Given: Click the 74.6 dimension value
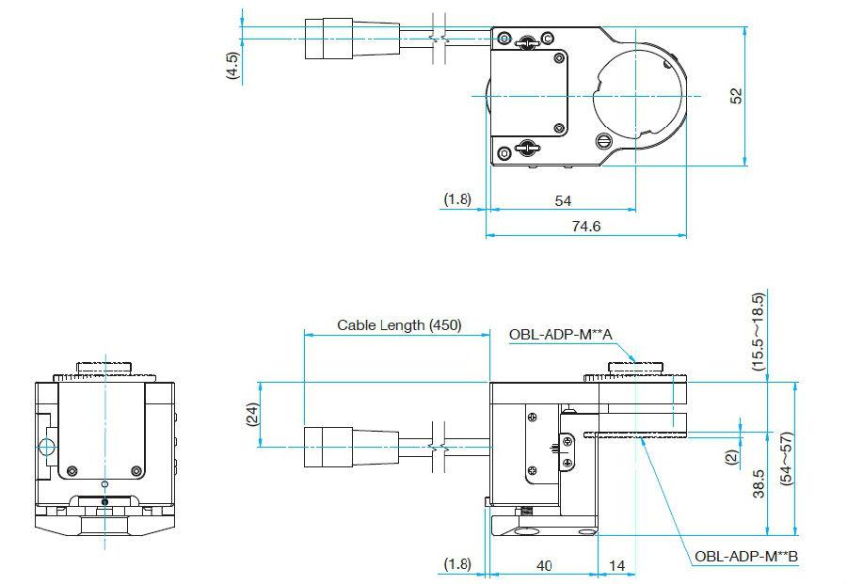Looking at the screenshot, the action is (x=586, y=226).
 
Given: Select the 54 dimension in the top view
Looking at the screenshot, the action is (x=563, y=201).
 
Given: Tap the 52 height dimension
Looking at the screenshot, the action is (x=736, y=96).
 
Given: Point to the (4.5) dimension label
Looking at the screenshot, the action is (x=232, y=66).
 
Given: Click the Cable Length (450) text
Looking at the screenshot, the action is (x=399, y=325).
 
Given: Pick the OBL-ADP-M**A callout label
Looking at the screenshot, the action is (x=561, y=335).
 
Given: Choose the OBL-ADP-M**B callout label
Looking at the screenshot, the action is (x=746, y=557).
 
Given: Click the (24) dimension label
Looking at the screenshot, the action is (x=252, y=415).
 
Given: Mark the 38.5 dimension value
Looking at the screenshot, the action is (x=759, y=483).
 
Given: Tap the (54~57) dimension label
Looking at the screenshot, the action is (x=787, y=459).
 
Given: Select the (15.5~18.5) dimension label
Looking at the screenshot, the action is (x=759, y=331).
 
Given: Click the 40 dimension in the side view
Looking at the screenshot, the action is (x=544, y=565).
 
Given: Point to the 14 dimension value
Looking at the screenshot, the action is (x=616, y=565).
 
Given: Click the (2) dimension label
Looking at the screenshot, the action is (x=731, y=457).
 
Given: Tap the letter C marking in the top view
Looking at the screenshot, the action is (x=547, y=39).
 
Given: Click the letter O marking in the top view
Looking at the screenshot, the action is (x=504, y=153).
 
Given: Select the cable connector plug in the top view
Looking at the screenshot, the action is (x=352, y=39).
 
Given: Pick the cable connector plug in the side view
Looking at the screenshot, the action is (x=352, y=447).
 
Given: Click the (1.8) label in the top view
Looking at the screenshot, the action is (x=457, y=199).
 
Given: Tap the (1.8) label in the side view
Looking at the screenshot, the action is (x=457, y=564).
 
